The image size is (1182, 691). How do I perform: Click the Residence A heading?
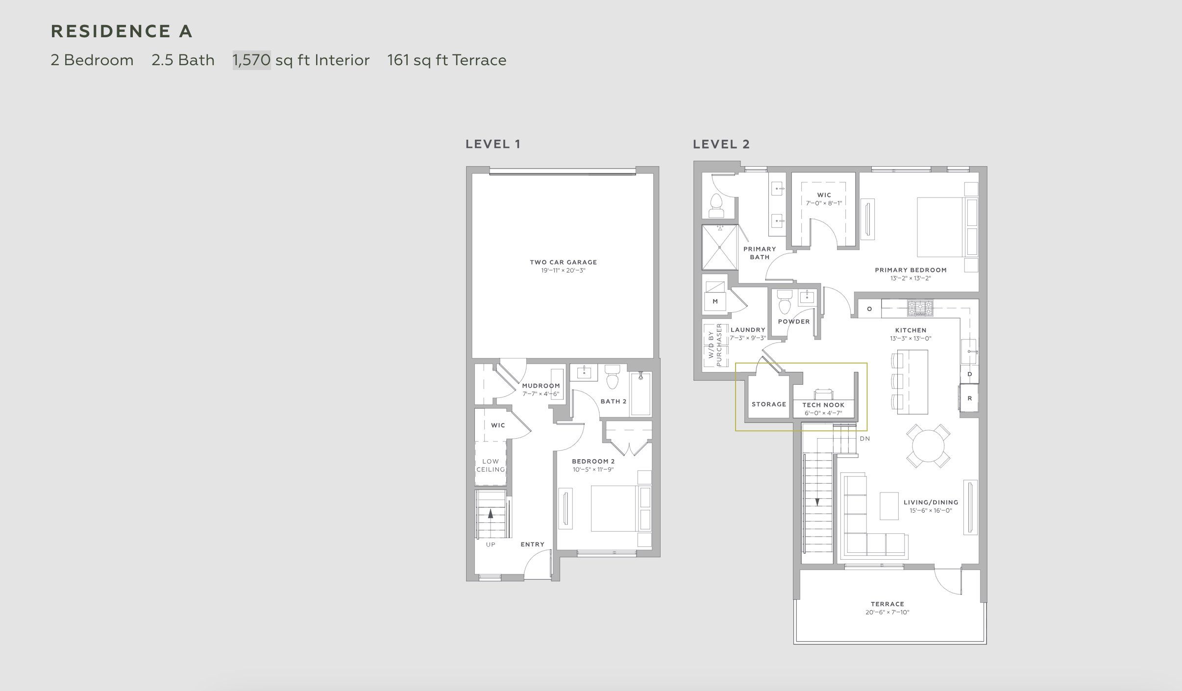122,31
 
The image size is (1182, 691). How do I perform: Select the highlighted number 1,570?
251,60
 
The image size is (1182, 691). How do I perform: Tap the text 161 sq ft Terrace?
446,60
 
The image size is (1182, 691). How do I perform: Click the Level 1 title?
492,144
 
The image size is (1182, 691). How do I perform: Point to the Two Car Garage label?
563,262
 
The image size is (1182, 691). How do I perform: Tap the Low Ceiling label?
491,465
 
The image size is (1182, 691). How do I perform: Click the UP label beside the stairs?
491,544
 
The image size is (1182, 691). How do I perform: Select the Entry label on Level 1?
532,544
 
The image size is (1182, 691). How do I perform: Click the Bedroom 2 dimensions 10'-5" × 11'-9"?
593,469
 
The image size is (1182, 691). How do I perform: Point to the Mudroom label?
541,386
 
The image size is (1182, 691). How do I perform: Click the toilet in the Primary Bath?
716,206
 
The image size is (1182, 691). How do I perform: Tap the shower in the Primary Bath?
719,247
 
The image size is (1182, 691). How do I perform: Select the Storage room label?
768,404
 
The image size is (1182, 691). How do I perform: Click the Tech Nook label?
823,405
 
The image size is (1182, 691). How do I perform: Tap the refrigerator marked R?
969,398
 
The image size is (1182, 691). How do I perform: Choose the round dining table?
928,446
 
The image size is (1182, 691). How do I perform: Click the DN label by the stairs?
864,439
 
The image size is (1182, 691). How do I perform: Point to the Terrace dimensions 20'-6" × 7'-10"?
887,612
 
